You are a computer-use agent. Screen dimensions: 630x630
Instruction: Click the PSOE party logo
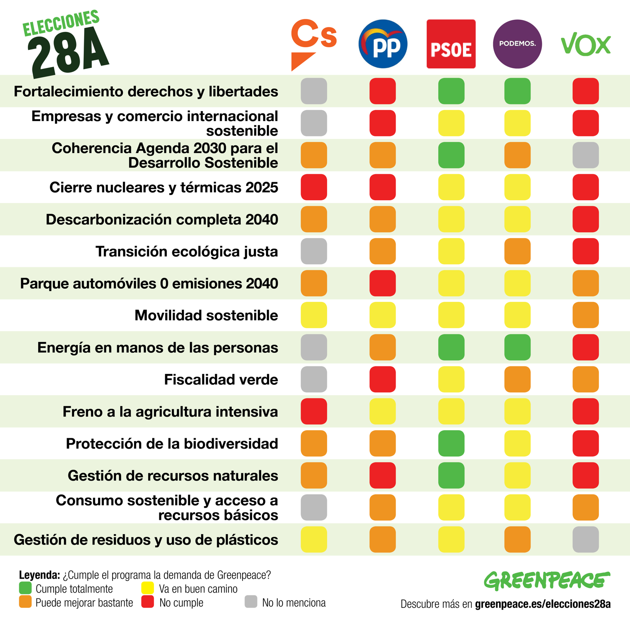[451, 44]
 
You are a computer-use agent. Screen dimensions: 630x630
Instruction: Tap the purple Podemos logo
[517, 44]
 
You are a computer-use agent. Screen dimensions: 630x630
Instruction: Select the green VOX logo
[585, 44]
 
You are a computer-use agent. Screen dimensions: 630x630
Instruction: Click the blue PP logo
[383, 44]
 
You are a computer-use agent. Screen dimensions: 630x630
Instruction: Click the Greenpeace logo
[547, 580]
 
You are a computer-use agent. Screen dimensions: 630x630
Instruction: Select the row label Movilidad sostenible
[206, 315]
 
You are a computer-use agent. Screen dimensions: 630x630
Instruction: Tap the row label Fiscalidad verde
[221, 380]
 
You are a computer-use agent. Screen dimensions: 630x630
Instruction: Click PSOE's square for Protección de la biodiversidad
[451, 444]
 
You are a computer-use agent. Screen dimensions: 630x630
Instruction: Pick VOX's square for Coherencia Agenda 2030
[585, 155]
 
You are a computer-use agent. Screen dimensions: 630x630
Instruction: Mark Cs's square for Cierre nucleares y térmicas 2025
[314, 187]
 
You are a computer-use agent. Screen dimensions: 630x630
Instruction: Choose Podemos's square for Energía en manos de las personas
[517, 347]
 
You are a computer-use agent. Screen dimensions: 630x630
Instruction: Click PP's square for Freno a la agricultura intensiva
[382, 412]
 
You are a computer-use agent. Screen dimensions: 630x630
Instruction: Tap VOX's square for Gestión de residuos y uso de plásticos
[585, 540]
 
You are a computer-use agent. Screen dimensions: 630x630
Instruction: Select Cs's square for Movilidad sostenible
[314, 315]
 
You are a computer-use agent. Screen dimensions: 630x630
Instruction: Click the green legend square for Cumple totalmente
[25, 588]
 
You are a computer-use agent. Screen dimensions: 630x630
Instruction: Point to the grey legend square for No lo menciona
[251, 602]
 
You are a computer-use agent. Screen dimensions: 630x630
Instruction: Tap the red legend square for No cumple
[148, 602]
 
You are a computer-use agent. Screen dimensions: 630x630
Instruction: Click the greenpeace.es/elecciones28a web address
[543, 604]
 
